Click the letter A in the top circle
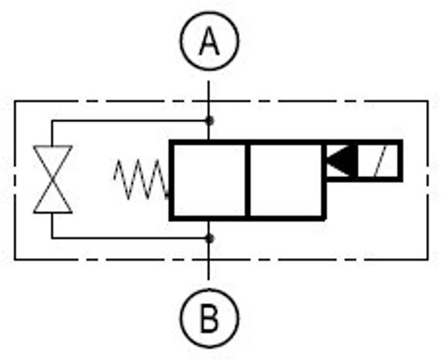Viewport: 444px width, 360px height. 209,41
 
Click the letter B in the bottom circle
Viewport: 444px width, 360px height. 209,318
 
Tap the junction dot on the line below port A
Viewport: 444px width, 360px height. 210,121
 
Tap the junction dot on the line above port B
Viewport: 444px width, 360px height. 210,238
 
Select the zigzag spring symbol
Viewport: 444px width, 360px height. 142,179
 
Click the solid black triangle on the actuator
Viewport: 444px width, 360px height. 341,161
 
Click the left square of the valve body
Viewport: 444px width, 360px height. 209,181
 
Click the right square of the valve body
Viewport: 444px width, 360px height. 286,181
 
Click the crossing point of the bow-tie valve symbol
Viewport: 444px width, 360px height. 52,179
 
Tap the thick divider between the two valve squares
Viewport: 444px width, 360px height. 248,181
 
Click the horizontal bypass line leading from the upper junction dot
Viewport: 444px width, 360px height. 130,121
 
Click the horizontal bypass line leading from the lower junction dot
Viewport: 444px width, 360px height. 130,238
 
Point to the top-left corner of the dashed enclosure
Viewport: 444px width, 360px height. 15,101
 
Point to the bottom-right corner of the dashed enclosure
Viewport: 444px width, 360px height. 427,259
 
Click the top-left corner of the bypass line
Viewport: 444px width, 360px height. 52,121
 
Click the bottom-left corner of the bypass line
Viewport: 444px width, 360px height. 52,238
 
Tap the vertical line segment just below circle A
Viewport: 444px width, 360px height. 209,111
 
